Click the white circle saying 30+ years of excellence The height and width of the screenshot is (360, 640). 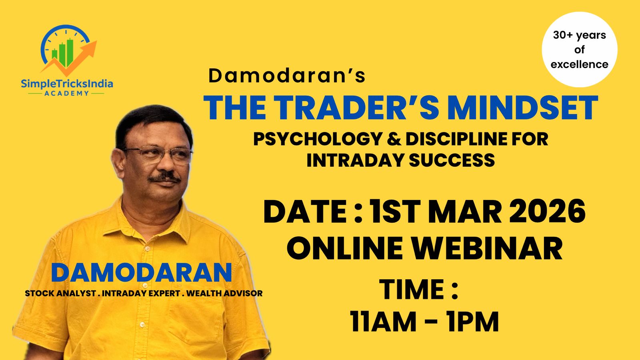point(579,50)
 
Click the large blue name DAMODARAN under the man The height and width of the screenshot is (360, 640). point(141,273)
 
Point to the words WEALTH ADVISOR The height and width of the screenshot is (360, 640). point(224,293)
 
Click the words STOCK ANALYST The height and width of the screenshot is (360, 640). point(60,293)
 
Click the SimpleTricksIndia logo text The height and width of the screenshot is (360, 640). point(67,84)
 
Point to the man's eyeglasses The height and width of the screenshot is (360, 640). point(160,154)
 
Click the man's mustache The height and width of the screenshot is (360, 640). point(164,176)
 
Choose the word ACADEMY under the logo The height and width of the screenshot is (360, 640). point(67,93)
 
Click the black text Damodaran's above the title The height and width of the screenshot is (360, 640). point(287,76)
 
